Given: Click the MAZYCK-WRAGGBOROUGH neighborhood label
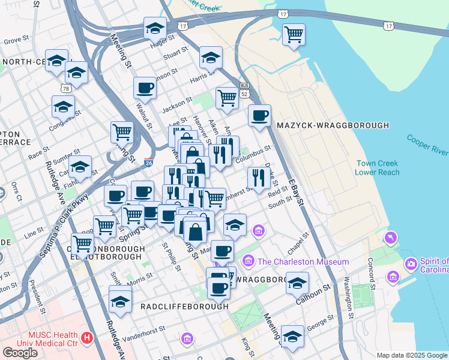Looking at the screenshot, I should click(x=333, y=125).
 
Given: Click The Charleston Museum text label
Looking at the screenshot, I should click(x=303, y=262).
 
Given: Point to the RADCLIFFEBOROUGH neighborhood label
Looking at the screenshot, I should click(x=184, y=306).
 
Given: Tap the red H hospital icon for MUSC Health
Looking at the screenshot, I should click(x=88, y=338).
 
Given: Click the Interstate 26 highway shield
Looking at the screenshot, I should click(x=149, y=163).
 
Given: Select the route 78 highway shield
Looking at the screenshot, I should click(x=65, y=88).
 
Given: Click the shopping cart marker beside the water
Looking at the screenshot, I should click(x=294, y=35).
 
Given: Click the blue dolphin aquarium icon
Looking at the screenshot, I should click(x=392, y=238).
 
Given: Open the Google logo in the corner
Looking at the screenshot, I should click(x=20, y=352).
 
